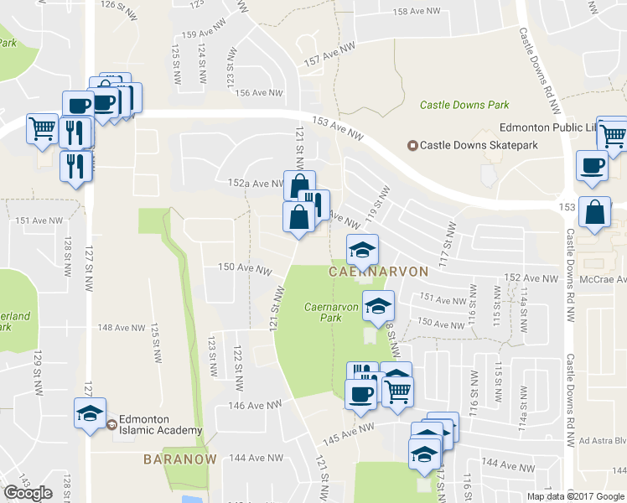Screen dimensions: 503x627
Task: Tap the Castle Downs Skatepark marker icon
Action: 412,145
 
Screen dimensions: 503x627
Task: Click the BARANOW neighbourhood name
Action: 180,459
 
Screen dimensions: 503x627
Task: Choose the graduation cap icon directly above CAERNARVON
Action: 363,250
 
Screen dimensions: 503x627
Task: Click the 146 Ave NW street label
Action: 262,406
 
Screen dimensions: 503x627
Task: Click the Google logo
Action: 28,492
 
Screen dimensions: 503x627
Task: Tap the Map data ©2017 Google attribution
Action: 574,496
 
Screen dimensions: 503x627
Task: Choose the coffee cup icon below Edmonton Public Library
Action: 592,165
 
